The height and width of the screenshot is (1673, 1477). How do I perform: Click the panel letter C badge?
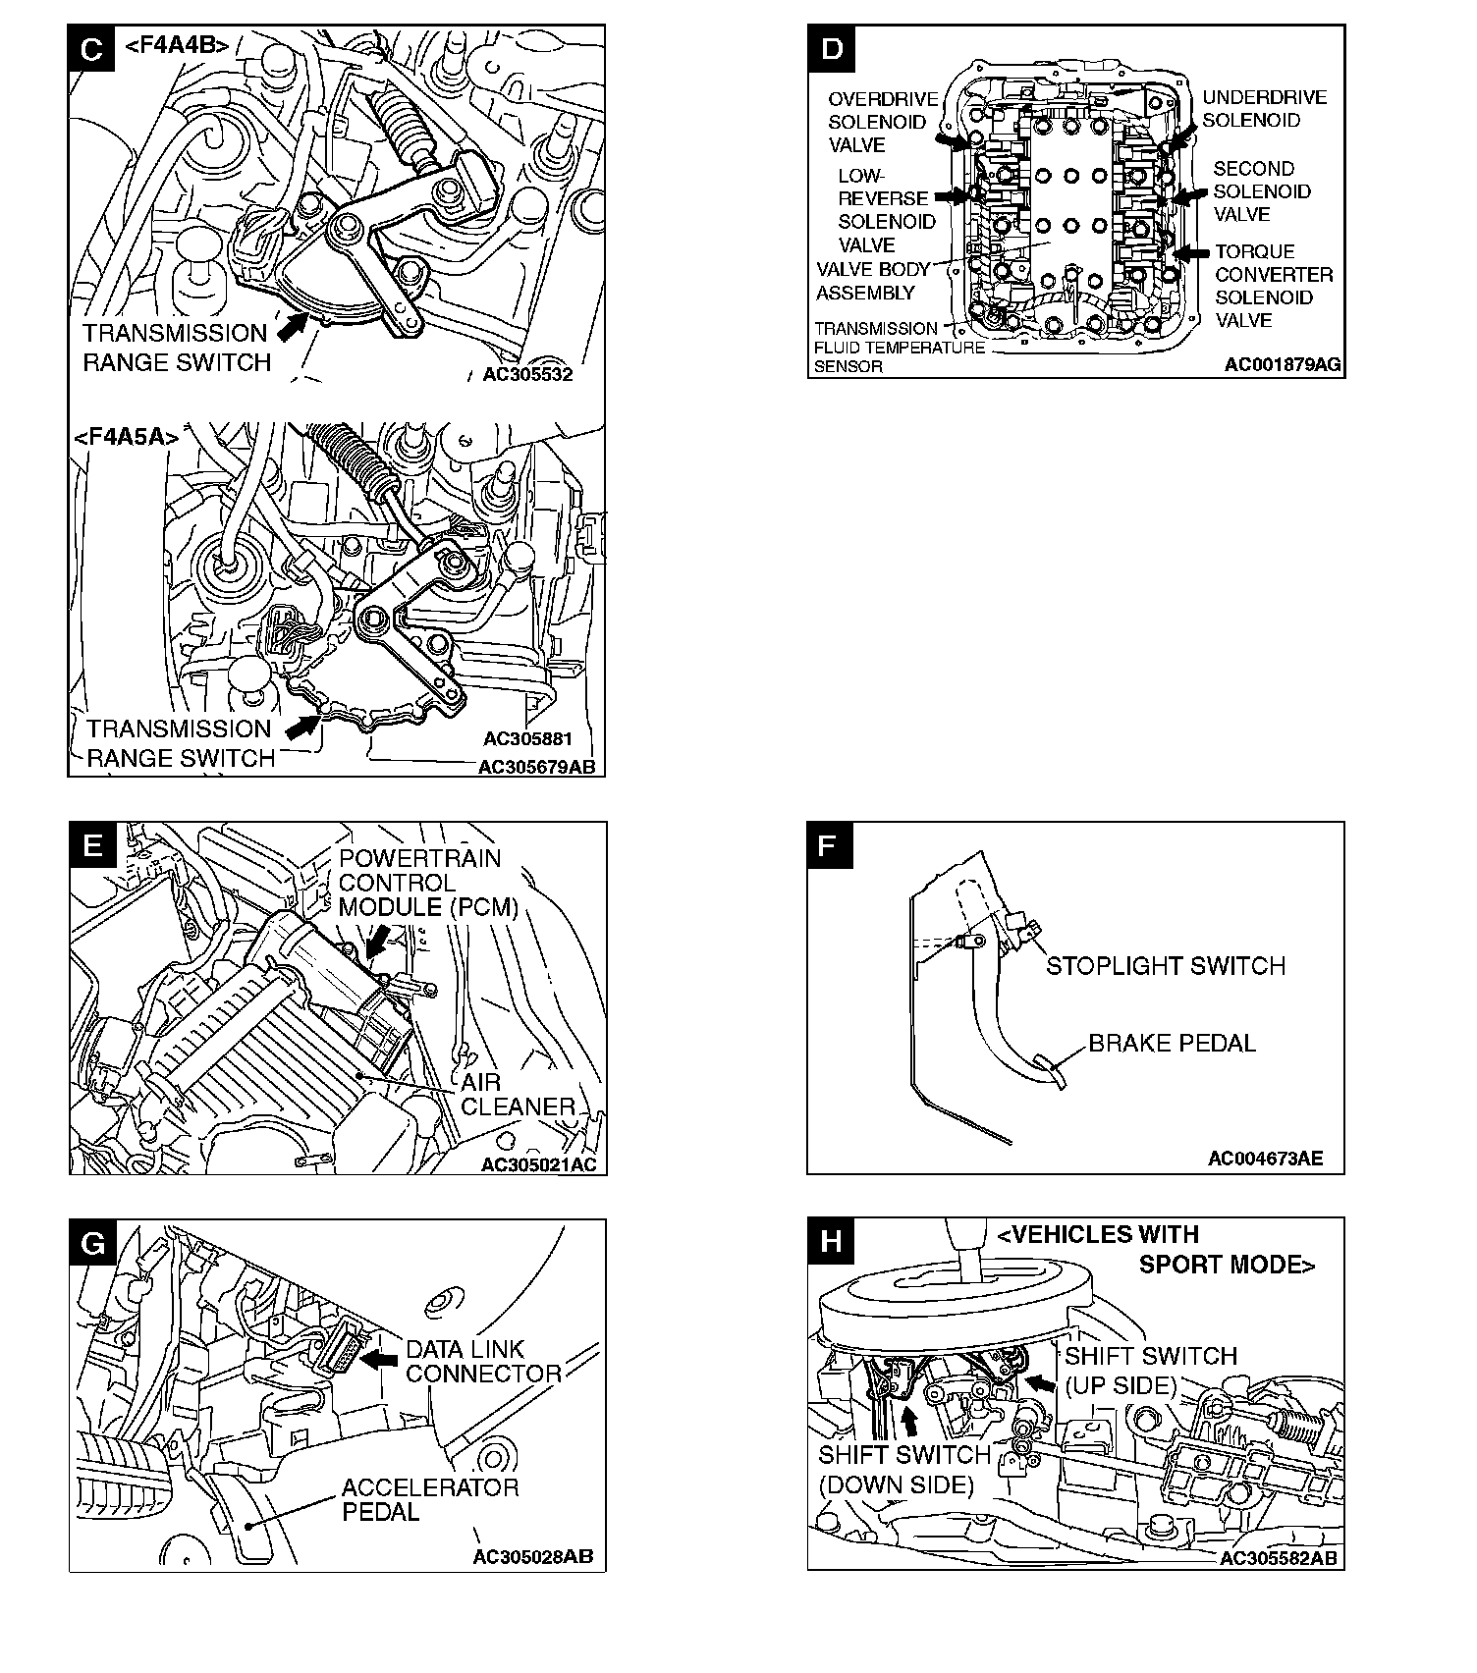pyautogui.click(x=91, y=49)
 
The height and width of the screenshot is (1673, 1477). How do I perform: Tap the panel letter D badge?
pyautogui.click(x=831, y=49)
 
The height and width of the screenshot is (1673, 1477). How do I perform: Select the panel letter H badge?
pyautogui.click(x=831, y=1242)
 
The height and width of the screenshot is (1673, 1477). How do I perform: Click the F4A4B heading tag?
pyautogui.click(x=177, y=45)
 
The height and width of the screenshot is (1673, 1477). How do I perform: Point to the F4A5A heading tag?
pyautogui.click(x=127, y=438)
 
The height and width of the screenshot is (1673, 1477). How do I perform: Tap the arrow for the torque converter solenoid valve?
pyautogui.click(x=1192, y=252)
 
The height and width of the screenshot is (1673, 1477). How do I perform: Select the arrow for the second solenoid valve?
pyautogui.click(x=1190, y=196)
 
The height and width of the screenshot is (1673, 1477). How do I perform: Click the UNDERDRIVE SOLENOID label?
pyautogui.click(x=1264, y=109)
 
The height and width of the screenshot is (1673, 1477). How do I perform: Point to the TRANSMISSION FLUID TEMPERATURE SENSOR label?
pyautogui.click(x=898, y=348)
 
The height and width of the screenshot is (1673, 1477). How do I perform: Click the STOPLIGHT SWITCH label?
pyautogui.click(x=1165, y=966)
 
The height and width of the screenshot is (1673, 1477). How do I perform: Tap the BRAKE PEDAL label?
pyautogui.click(x=1172, y=1043)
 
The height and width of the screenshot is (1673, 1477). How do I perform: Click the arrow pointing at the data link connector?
pyautogui.click(x=378, y=1359)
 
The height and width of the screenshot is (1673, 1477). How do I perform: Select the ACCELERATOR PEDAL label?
pyautogui.click(x=429, y=1500)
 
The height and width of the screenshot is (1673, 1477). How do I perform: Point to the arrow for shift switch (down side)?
pyautogui.click(x=909, y=1421)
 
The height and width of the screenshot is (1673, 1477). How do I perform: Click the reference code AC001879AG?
pyautogui.click(x=1282, y=365)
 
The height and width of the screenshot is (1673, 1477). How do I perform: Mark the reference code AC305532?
pyautogui.click(x=527, y=374)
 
